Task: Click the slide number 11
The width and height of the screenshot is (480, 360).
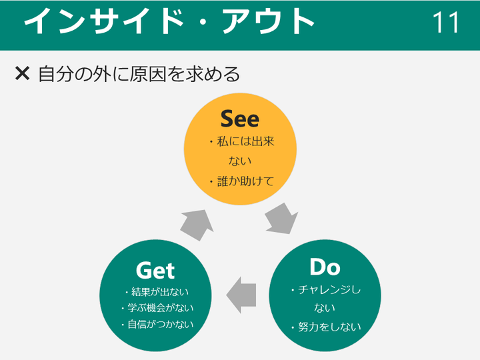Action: [x=446, y=22]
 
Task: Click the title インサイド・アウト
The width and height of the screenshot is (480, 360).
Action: [x=169, y=21]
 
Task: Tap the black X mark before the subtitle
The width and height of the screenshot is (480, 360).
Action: [x=23, y=73]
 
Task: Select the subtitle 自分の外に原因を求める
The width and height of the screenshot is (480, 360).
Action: [x=139, y=74]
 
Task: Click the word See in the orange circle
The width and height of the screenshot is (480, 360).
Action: [x=240, y=119]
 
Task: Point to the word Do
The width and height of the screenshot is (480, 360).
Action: [x=325, y=267]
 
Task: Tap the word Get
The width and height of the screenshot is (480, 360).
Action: [x=155, y=270]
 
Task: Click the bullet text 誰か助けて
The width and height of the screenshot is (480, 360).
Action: [x=245, y=181]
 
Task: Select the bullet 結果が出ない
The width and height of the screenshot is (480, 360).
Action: [x=160, y=292]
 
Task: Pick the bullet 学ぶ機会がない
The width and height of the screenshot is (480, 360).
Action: [x=161, y=307]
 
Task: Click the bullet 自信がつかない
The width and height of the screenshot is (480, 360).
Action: [x=161, y=324]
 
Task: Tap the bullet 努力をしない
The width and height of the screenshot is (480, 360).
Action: [x=329, y=327]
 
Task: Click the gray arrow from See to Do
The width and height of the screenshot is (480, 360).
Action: [x=281, y=219]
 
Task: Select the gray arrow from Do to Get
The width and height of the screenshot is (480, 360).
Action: [x=241, y=295]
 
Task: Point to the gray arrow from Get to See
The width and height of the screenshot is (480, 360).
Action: [x=197, y=225]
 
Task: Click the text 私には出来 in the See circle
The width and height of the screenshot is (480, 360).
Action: [x=245, y=141]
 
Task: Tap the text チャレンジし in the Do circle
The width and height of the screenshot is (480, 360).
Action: [x=329, y=289]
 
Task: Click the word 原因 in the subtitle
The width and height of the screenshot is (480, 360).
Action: [x=148, y=74]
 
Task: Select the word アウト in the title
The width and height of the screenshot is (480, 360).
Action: [x=269, y=21]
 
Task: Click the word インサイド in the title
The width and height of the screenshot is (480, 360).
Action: [x=104, y=21]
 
